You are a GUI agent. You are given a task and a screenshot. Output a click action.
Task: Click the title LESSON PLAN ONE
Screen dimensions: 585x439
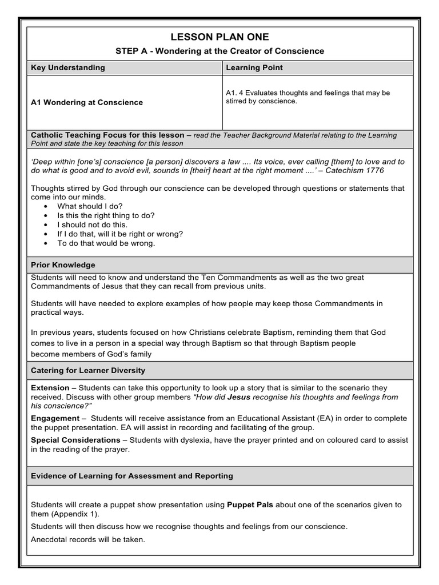point(219,37)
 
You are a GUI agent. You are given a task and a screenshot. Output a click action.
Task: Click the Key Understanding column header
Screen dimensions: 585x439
point(68,67)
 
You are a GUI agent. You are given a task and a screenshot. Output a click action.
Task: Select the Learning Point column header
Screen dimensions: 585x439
point(254,67)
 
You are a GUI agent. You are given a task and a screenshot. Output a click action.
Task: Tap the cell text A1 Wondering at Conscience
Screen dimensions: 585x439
point(87,102)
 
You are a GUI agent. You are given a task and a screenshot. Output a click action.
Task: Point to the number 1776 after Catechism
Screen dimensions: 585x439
point(374,170)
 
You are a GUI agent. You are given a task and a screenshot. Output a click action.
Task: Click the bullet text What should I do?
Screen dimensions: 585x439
point(90,206)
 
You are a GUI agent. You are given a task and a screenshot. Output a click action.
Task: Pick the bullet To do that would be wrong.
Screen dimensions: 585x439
point(106,243)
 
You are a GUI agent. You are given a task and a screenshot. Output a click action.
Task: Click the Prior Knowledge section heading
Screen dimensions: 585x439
point(63,265)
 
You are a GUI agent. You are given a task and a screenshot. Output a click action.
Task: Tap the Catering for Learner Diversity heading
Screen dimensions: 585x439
point(88,370)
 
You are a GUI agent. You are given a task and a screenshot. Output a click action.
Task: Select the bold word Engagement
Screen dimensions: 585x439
point(55,418)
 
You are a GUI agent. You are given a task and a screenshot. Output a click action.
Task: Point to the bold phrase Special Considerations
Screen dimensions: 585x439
point(75,440)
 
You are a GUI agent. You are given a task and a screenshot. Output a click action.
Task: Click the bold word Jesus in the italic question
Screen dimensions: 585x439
point(239,396)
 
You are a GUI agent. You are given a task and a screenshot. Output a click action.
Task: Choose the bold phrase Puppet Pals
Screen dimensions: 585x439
point(250,504)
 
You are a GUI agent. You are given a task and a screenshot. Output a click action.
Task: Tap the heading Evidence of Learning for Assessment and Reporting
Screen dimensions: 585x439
point(132,475)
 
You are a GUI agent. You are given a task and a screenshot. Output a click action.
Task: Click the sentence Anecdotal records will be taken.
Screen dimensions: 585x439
point(88,539)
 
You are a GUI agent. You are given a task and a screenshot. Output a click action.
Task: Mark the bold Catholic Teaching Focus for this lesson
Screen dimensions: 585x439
point(108,135)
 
